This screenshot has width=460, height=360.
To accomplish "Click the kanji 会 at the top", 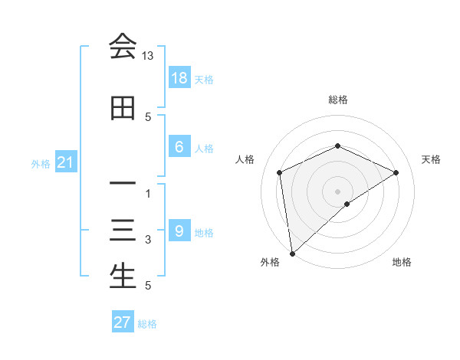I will coord(123,47).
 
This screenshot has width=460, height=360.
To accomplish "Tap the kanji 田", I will coord(123,110).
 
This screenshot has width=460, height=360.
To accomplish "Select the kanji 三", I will coord(123,231).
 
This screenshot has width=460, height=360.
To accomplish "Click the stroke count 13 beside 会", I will coord(148,56).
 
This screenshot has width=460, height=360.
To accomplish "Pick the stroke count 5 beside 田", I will coord(148,117).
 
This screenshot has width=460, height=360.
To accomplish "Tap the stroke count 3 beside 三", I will coord(148,241).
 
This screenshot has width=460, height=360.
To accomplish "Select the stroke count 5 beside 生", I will coord(148,286).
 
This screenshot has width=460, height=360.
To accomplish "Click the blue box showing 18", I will coord(179,77).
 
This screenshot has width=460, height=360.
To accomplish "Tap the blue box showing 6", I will coord(179,147).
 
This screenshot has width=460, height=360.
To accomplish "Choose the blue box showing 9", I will coord(179,231).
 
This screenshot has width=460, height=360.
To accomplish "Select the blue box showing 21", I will coord(66,162).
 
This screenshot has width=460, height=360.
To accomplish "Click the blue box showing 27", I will coord(123,322).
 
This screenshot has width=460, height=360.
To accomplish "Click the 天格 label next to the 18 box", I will coord(204,79).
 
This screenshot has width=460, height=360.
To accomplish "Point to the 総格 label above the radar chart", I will coord(338,100).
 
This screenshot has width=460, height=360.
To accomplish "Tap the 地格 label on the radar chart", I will coord(402,262).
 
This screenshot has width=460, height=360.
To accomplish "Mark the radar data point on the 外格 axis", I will coord(291,254).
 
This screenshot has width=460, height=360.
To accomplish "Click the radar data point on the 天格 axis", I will coord(396,172).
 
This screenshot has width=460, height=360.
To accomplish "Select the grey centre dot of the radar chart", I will coord(338,191).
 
